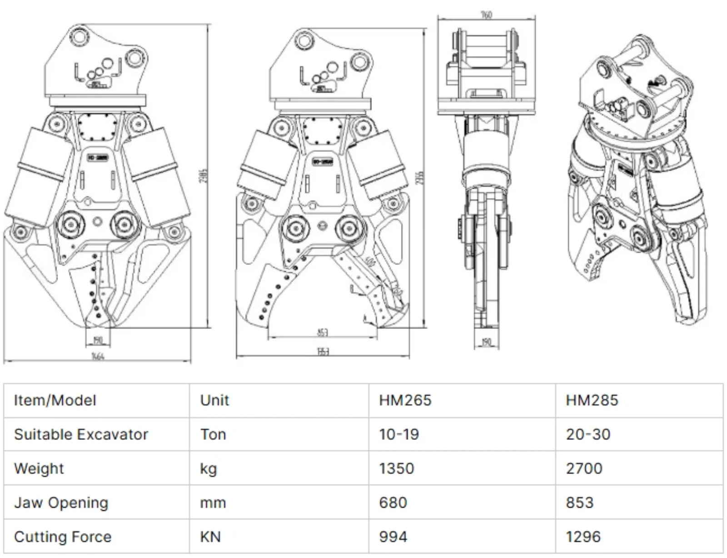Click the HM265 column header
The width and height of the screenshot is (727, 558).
[x=405, y=400]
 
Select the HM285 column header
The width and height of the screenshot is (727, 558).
[x=592, y=400]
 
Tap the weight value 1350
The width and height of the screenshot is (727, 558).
[x=396, y=468]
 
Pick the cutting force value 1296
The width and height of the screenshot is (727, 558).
[x=583, y=537]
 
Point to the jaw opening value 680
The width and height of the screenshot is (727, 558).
[x=393, y=503]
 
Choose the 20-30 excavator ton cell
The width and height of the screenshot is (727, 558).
[x=588, y=434]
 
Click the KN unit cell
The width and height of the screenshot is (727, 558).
[x=210, y=537]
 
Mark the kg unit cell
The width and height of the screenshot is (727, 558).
[x=209, y=468]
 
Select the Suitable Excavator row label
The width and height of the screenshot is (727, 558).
[x=81, y=434]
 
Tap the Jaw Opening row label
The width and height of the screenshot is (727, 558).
[x=61, y=503]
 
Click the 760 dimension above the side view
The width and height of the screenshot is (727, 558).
[x=486, y=15]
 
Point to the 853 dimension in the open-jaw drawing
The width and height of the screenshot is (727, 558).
[x=322, y=332]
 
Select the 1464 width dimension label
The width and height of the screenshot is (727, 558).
[x=98, y=356]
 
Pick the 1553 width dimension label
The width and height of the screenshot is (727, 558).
[x=323, y=352]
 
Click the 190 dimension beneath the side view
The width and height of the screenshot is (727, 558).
[x=486, y=342]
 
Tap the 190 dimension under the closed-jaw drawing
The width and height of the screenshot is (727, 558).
[x=98, y=340]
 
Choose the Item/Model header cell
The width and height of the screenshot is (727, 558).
[x=55, y=400]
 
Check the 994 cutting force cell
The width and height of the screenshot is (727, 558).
[x=393, y=537]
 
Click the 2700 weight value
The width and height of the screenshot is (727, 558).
[x=584, y=468]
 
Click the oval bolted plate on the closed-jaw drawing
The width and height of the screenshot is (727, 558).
[x=97, y=127]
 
